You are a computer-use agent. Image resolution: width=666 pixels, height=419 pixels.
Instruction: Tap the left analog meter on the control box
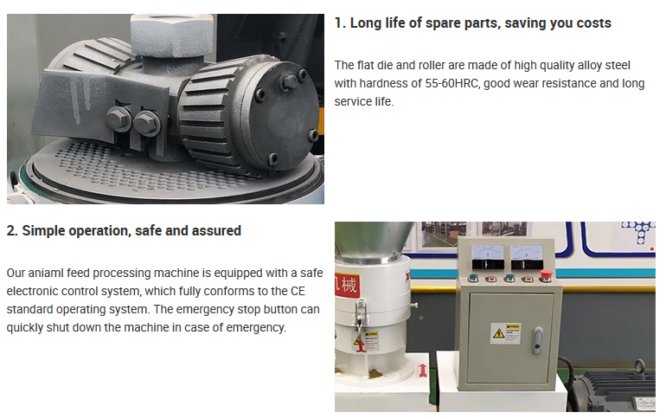point(488,257)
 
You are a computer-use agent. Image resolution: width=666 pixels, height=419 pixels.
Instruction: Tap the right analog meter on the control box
point(527,257)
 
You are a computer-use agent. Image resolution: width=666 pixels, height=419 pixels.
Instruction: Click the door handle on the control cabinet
point(538,340)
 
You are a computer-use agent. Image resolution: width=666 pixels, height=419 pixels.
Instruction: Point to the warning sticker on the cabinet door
point(506,333)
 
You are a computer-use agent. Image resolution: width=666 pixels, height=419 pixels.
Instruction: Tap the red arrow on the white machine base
point(423,371)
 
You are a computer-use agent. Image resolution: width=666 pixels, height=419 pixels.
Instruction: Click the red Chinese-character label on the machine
point(348,284)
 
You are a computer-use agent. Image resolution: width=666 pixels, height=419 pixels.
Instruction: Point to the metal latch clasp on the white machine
point(362,318)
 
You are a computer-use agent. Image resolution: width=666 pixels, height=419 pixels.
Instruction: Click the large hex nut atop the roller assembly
point(171,35)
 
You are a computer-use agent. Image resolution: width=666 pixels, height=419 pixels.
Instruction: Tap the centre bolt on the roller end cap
point(289,81)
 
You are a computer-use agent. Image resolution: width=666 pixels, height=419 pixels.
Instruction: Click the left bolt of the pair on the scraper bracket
point(118,119)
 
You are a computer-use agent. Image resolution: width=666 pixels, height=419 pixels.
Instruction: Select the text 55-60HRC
point(451,83)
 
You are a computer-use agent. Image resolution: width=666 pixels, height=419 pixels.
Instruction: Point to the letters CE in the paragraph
point(298,291)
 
